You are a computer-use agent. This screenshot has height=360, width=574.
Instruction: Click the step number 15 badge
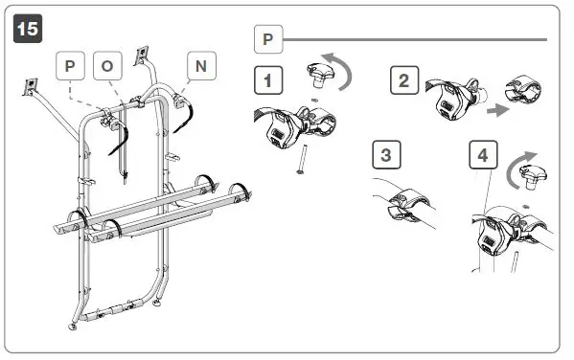pyautogui.click(x=29, y=30)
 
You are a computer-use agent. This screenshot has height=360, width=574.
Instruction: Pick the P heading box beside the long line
pyautogui.click(x=266, y=40)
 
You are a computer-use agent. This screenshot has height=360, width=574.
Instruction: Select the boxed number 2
pyautogui.click(x=403, y=80)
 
